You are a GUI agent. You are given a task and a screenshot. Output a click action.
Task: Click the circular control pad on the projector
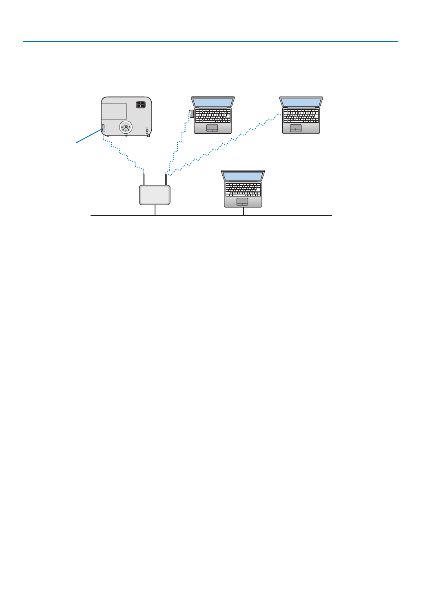126,127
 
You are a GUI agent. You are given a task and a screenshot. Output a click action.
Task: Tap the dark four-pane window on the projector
140,105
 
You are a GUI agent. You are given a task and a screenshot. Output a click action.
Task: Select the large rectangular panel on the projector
114,111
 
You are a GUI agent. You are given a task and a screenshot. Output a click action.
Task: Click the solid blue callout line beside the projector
89,136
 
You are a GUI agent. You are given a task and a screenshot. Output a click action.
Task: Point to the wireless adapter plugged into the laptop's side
192,113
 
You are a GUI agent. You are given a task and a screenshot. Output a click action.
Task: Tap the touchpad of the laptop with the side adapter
212,128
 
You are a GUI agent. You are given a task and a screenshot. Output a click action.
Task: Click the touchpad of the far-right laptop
296,128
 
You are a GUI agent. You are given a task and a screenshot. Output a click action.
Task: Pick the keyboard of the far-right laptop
301,116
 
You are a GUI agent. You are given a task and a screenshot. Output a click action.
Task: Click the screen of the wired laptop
243,176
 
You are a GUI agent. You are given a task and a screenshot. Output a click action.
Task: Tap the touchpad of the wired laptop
242,202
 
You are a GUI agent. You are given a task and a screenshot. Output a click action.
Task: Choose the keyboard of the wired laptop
243,190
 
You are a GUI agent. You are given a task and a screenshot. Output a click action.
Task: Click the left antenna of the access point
144,179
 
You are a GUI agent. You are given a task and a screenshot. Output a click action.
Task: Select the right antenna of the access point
166,179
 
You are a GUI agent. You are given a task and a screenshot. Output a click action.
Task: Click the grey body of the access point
155,195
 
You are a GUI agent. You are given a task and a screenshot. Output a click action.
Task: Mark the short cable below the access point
155,210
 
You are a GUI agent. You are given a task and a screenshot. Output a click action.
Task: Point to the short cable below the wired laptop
244,211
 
